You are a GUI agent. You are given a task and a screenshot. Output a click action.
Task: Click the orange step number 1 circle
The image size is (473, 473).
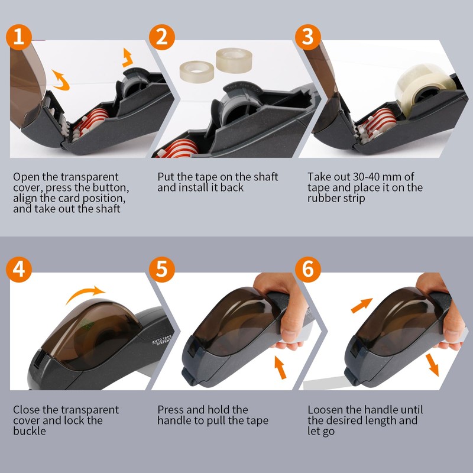(x=20, y=37)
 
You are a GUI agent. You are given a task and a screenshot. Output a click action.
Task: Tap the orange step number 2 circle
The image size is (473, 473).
(x=163, y=37)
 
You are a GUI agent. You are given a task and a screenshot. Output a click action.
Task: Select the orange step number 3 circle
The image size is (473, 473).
(x=307, y=37)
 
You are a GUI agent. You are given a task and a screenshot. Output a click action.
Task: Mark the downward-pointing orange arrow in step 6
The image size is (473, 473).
(x=433, y=364)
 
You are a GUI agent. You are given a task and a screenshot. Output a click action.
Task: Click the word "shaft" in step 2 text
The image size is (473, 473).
(x=264, y=177)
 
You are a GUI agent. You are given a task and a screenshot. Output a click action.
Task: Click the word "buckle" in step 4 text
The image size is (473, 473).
(x=29, y=431)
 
